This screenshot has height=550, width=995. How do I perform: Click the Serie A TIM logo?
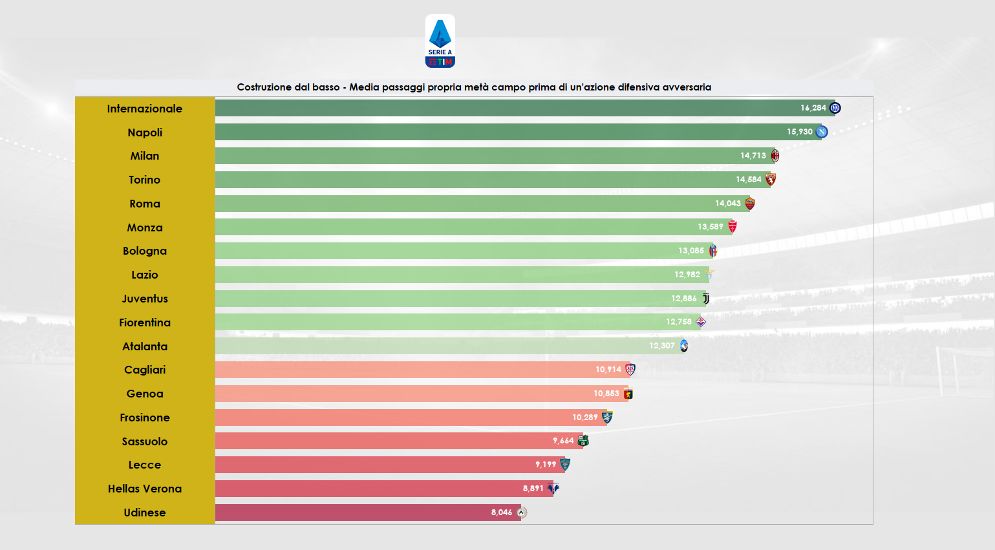[x=440, y=41]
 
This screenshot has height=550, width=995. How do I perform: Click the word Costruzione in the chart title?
[x=262, y=87]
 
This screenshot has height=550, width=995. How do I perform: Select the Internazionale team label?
[x=145, y=109]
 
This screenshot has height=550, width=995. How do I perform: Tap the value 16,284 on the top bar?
[x=813, y=108]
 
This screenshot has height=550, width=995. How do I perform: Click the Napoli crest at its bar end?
[x=822, y=132]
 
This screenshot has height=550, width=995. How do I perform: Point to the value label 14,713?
[x=753, y=156]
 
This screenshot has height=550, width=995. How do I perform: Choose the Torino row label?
[x=145, y=180]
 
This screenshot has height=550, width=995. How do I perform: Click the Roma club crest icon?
[x=750, y=204]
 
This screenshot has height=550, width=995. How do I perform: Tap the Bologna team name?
[x=145, y=251]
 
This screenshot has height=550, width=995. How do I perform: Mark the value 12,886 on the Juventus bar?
[x=683, y=299]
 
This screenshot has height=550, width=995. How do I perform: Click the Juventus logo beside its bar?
[x=706, y=299]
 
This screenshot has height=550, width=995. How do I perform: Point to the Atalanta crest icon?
[x=684, y=346]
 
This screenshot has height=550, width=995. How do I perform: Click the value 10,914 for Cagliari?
[x=608, y=370]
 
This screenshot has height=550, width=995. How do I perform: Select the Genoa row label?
[x=145, y=394]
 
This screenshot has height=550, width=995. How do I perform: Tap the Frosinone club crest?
[x=607, y=417]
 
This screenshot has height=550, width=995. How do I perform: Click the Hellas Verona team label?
[x=145, y=489]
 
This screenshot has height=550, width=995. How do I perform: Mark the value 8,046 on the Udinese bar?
[x=501, y=513]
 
